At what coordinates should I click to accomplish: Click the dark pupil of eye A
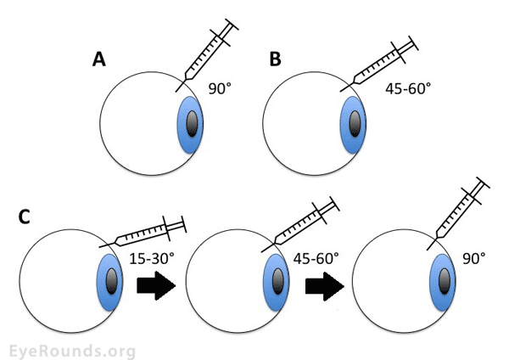click(192, 123)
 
